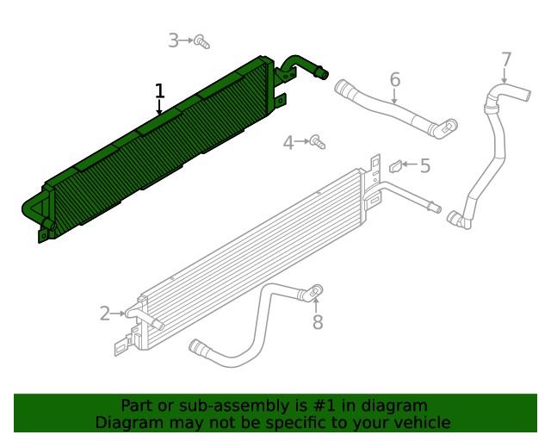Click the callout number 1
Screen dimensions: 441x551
pos(159,90)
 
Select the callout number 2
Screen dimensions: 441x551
pos(105,314)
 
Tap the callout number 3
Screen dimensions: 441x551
pos(173,40)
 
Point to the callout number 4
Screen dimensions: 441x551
pos(288,143)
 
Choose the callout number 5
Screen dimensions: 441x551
pos(424,165)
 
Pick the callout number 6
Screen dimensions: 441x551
pos(395,80)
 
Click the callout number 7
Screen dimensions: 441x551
pos(506,60)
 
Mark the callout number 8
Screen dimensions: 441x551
pos(317,322)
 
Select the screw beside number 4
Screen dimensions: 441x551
pos(317,140)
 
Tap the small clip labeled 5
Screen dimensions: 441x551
pos(395,165)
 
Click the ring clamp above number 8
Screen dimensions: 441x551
pos(316,290)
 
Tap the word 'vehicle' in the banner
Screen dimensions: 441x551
pos(420,423)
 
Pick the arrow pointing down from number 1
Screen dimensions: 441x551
pos(159,108)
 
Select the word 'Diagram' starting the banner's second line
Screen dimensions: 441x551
pos(127,423)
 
